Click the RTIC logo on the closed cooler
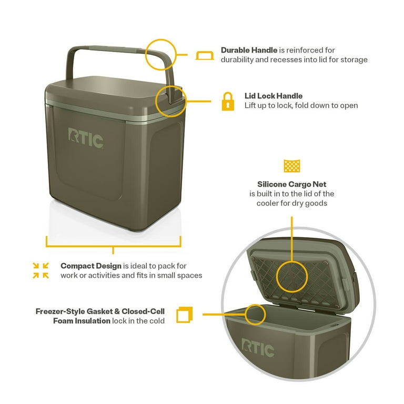point(86,138)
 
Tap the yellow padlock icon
point(227,101)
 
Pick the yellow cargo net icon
point(291,166)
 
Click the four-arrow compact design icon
point(41,270)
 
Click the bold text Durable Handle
point(249,50)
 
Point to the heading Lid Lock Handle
point(273,96)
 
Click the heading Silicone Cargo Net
point(291,184)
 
